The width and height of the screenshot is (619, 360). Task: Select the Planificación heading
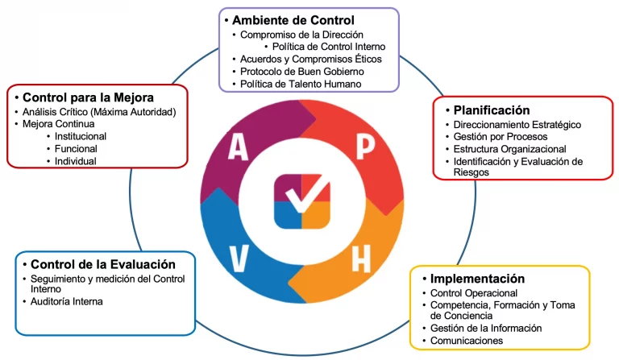click(491, 110)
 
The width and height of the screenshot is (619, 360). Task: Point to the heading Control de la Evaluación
click(102, 263)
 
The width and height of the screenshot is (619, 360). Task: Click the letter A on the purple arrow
click(238, 147)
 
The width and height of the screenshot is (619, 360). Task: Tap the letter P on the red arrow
click(366, 147)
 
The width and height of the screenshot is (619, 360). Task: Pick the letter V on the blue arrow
click(239, 259)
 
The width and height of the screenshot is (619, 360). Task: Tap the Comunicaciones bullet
click(467, 341)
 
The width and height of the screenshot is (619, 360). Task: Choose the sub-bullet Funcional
click(76, 149)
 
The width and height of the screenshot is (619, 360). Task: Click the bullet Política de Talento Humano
click(301, 84)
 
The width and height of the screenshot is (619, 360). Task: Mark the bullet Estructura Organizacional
click(509, 150)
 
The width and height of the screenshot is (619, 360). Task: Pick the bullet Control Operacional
click(474, 293)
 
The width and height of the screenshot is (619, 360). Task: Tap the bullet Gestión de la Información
click(486, 328)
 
